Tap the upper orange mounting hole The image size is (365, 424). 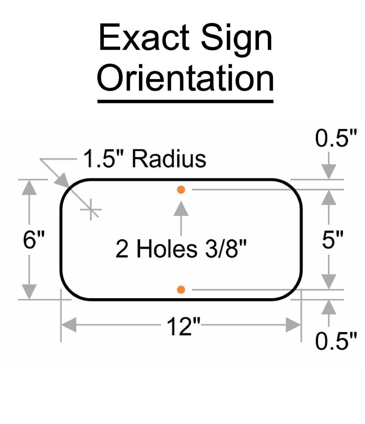[x=181, y=190]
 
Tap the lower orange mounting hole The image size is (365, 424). [x=181, y=290]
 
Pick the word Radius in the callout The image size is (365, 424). [x=169, y=159]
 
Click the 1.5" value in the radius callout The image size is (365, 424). [x=104, y=159]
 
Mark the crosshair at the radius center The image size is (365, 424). [x=91, y=209]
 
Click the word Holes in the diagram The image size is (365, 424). [x=166, y=249]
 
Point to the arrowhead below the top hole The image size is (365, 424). [x=181, y=209]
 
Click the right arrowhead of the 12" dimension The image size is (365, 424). [x=293, y=325]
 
